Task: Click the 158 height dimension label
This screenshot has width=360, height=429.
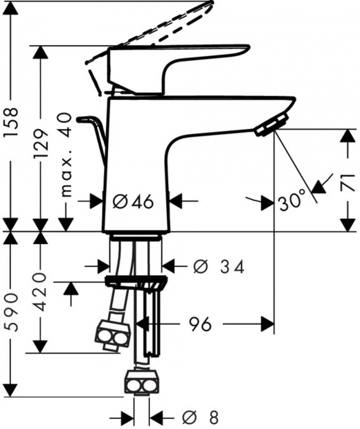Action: pos(12,123)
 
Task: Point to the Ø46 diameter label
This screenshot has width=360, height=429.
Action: pos(133,201)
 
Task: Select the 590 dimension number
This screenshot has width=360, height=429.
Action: pos(12,312)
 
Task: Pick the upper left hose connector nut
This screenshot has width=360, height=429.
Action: pos(113,334)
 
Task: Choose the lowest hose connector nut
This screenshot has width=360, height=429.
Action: pos(141,383)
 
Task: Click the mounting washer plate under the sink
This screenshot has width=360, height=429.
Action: pos(135,282)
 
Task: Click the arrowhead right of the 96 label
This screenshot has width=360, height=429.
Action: pos(267,324)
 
